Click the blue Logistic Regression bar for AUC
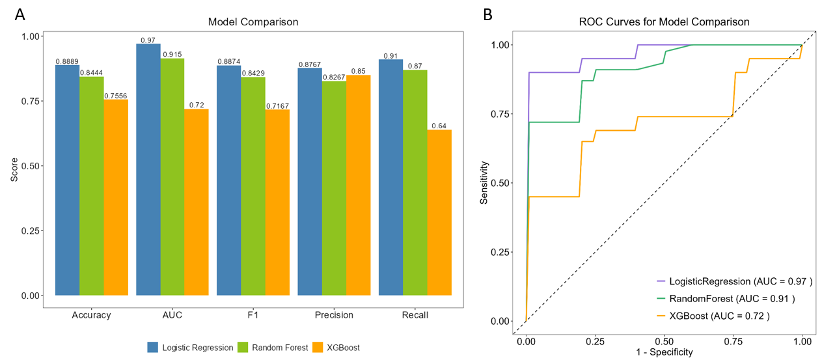148,169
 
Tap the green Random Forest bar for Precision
334,188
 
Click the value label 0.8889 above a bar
67,61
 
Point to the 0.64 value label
439,126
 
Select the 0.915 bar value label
172,55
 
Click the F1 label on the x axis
253,315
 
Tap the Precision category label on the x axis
334,315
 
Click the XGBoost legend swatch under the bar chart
319,348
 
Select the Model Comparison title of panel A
253,22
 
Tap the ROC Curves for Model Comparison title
664,22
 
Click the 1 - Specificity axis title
664,352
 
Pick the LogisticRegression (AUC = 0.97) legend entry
735,281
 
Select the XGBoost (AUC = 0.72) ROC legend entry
713,316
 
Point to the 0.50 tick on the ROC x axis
664,340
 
